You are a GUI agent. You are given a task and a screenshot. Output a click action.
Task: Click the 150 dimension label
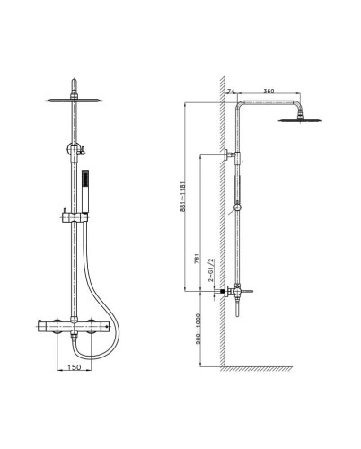[x=75, y=366]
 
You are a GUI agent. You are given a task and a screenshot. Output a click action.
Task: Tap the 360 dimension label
[x=269, y=91]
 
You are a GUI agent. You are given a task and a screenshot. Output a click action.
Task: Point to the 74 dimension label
[x=231, y=92]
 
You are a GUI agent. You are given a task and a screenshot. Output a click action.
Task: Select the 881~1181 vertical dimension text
[x=183, y=196]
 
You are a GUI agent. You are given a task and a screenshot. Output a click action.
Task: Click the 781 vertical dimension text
[x=197, y=259]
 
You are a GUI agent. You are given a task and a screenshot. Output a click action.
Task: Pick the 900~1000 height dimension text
[x=198, y=329]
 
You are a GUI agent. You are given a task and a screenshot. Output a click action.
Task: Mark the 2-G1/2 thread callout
[x=211, y=270]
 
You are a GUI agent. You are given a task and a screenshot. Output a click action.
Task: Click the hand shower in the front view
[x=85, y=191]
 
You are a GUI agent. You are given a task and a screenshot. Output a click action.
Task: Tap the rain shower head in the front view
[x=74, y=100]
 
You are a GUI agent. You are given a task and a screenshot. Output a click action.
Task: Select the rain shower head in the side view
[x=300, y=120]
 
